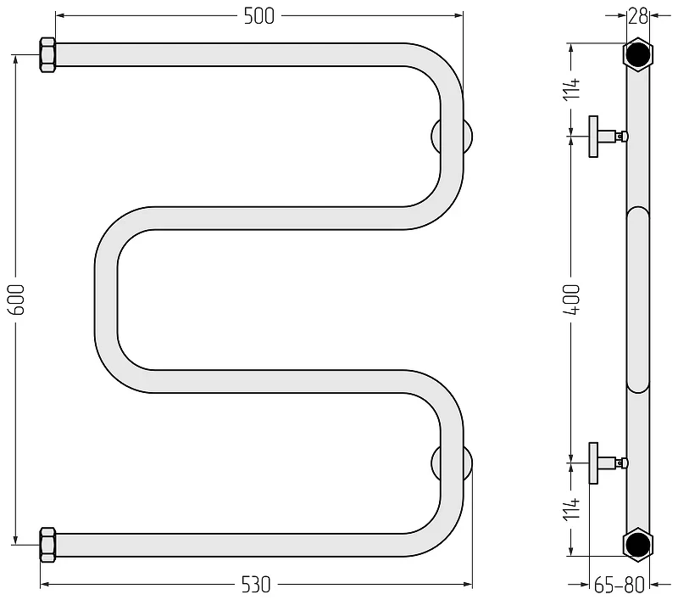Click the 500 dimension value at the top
click(x=259, y=16)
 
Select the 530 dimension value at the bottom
click(x=256, y=585)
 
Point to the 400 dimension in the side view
click(x=571, y=299)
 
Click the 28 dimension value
click(x=638, y=16)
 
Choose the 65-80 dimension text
click(x=620, y=586)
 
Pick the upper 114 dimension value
click(x=571, y=89)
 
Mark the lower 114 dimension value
click(x=571, y=508)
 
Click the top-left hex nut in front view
click(x=47, y=55)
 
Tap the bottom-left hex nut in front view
click(x=47, y=545)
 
